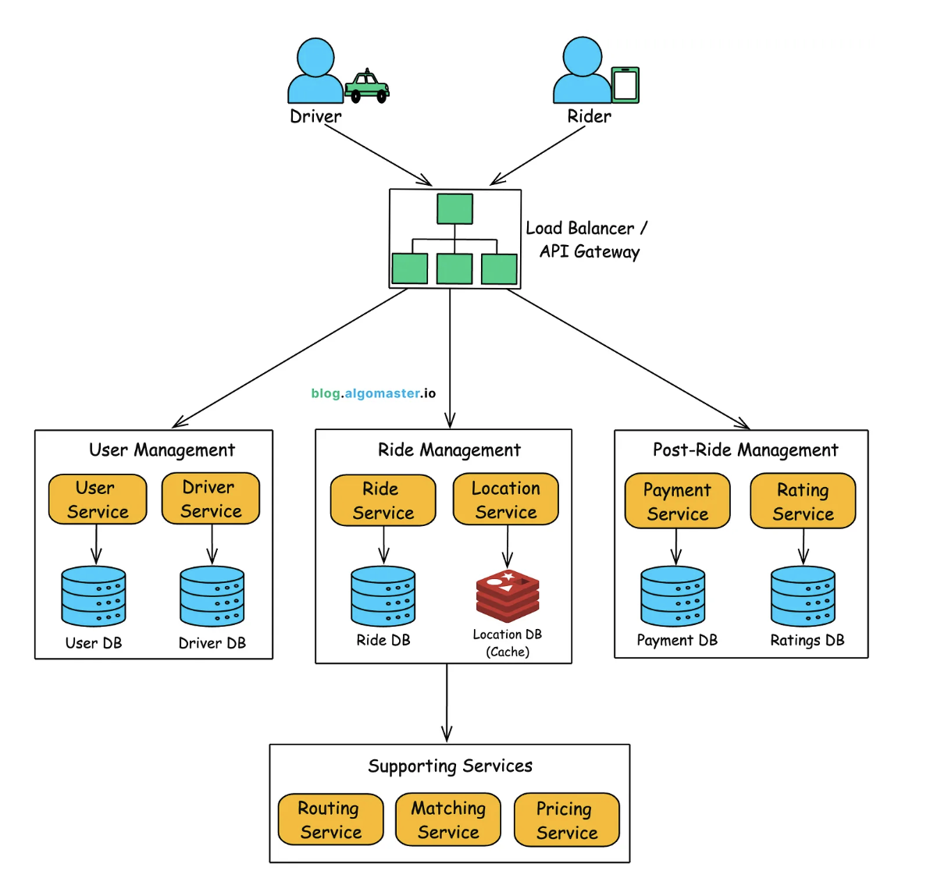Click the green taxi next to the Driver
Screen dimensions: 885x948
point(367,86)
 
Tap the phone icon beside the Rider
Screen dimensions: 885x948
point(625,85)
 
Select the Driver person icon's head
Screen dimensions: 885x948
point(315,57)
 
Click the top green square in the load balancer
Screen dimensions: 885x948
point(454,209)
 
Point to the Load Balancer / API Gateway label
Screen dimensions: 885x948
point(586,240)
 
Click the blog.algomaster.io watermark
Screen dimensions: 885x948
point(373,393)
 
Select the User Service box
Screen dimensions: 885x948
point(98,499)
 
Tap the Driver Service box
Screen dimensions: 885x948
point(211,499)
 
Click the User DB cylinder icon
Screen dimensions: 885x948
point(94,596)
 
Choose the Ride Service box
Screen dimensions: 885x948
point(383,500)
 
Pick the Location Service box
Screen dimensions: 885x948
point(506,499)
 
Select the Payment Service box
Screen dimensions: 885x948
point(677,501)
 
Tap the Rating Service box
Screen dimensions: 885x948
point(803,501)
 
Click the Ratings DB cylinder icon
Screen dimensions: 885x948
point(803,596)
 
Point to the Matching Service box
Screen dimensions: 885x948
point(448,819)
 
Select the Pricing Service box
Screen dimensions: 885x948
point(566,820)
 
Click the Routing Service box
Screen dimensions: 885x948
point(330,819)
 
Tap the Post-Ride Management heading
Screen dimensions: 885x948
point(745,450)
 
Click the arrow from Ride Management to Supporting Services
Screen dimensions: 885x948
point(447,702)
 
